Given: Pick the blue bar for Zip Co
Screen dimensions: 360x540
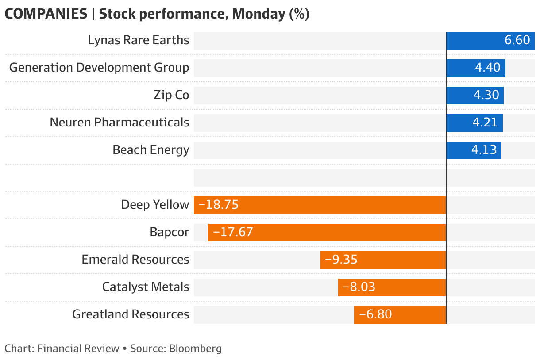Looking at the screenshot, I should [474, 95].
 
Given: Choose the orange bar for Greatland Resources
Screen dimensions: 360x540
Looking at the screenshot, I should [400, 314].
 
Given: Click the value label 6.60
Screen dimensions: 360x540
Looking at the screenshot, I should [517, 40].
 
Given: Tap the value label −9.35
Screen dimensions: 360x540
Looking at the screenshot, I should [341, 260].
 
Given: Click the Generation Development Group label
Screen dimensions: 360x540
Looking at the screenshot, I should [99, 68].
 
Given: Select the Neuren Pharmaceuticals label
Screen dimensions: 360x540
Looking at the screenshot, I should [120, 123].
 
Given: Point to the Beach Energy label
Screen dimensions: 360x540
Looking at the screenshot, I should [151, 150].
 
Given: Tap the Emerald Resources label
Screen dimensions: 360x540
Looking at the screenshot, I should [135, 260].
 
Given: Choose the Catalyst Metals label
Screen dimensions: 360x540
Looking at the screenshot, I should [146, 287].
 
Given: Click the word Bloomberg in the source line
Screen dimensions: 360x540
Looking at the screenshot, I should [195, 349].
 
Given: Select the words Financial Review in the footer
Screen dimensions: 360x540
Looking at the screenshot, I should [78, 349].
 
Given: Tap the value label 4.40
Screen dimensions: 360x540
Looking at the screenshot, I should [487, 68].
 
